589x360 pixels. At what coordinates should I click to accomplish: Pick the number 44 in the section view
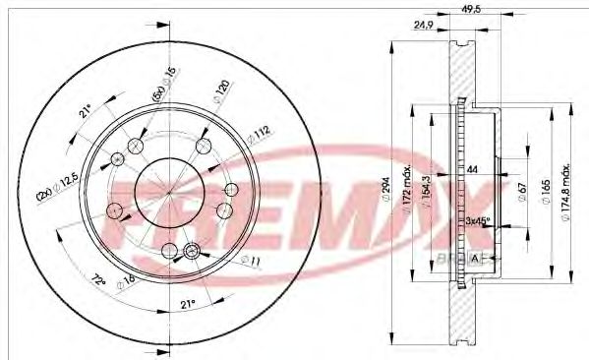coord(472,170)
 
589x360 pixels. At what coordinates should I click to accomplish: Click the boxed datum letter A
coord(478,257)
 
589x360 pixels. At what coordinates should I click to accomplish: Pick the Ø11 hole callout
coord(252,261)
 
